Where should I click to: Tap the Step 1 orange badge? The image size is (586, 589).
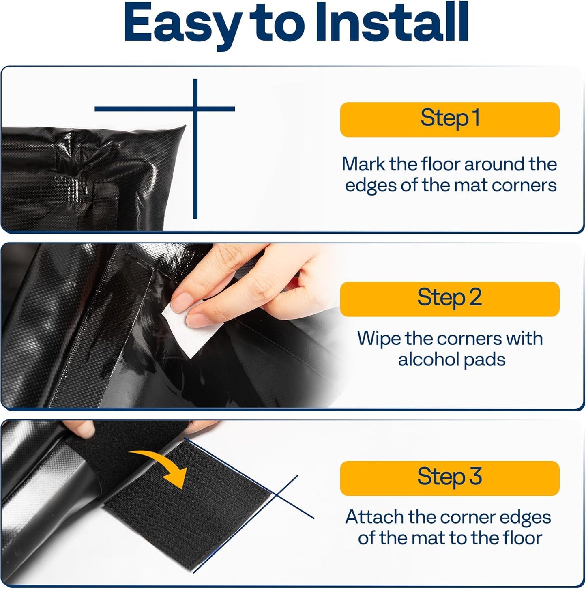[449, 119]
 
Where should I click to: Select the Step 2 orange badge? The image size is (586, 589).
[449, 299]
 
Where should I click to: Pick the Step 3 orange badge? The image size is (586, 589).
[449, 478]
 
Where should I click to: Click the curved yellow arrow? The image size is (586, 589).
[162, 466]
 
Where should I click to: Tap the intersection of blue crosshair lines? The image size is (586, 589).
[195, 109]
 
